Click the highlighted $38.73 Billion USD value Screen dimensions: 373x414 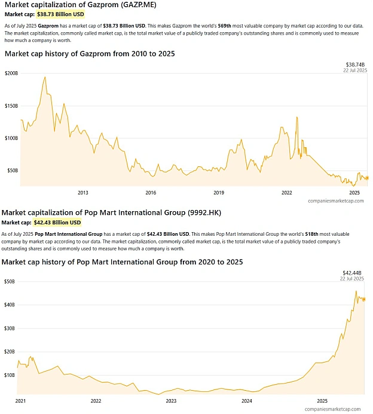[x=60, y=14]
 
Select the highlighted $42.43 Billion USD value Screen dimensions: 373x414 [x=57, y=223]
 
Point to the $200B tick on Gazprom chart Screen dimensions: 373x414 [x=11, y=73]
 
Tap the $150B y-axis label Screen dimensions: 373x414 [x=11, y=106]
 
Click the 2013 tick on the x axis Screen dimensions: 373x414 [x=83, y=193]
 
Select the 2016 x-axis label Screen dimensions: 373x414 [x=151, y=193]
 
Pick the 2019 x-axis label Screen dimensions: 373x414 [x=219, y=193]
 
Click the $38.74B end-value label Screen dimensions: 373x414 [x=355, y=65]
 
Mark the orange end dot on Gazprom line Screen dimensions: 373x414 [x=366, y=178]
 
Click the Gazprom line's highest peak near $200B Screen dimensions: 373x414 [x=45, y=77]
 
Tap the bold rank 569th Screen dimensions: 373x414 [x=225, y=26]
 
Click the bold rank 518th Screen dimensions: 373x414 [x=311, y=234]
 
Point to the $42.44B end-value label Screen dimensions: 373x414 [x=352, y=273]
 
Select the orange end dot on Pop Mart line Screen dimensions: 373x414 [x=364, y=299]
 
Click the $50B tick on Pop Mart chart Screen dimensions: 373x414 [x=10, y=281]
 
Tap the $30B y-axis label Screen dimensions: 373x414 [x=10, y=328]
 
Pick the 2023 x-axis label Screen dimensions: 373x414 [x=171, y=401]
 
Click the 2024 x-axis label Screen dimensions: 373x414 [x=247, y=401]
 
